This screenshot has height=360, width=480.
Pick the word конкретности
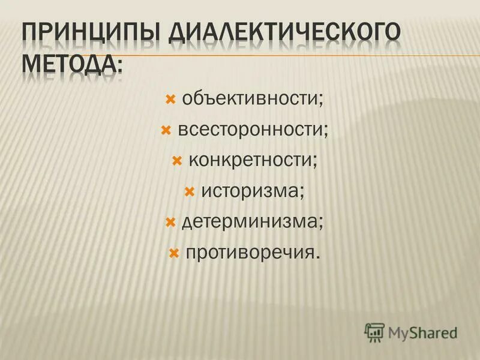pos(251,161)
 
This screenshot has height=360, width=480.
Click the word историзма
pos(250,192)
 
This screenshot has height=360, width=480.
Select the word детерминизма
pos(250,223)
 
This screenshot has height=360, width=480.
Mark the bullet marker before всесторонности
pos(165,130)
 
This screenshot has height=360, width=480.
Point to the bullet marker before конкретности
pos(176,161)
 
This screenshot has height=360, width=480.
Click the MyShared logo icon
pos(374,332)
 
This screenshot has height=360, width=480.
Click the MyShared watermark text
pos(422,332)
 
